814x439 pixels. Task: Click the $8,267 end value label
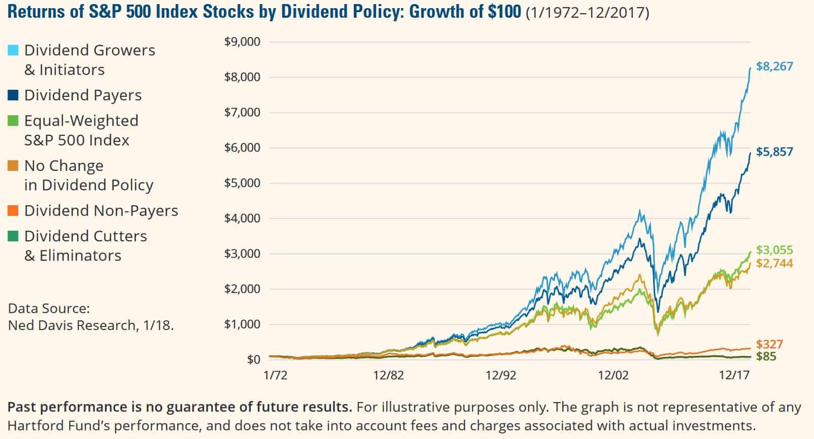click(x=774, y=66)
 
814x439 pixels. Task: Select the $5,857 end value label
click(x=774, y=152)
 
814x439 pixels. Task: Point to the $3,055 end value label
click(x=774, y=250)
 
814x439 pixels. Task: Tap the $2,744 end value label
click(x=774, y=263)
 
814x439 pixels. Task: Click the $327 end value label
click(x=769, y=345)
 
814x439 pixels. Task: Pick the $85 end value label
click(x=766, y=356)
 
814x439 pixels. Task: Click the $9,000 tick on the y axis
click(x=242, y=42)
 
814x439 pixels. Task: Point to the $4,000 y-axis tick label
click(x=242, y=218)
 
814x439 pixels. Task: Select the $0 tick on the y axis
click(x=253, y=359)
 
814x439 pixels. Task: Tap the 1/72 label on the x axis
click(x=275, y=376)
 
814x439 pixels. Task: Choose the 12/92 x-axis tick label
click(x=500, y=376)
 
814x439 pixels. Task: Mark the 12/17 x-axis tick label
click(x=734, y=376)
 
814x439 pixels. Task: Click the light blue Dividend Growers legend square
click(x=13, y=50)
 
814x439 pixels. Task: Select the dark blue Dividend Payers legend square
click(x=13, y=95)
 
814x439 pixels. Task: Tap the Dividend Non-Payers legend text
click(x=101, y=211)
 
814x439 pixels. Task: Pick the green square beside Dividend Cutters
click(x=13, y=236)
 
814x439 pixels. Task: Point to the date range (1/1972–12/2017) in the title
click(x=587, y=13)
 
